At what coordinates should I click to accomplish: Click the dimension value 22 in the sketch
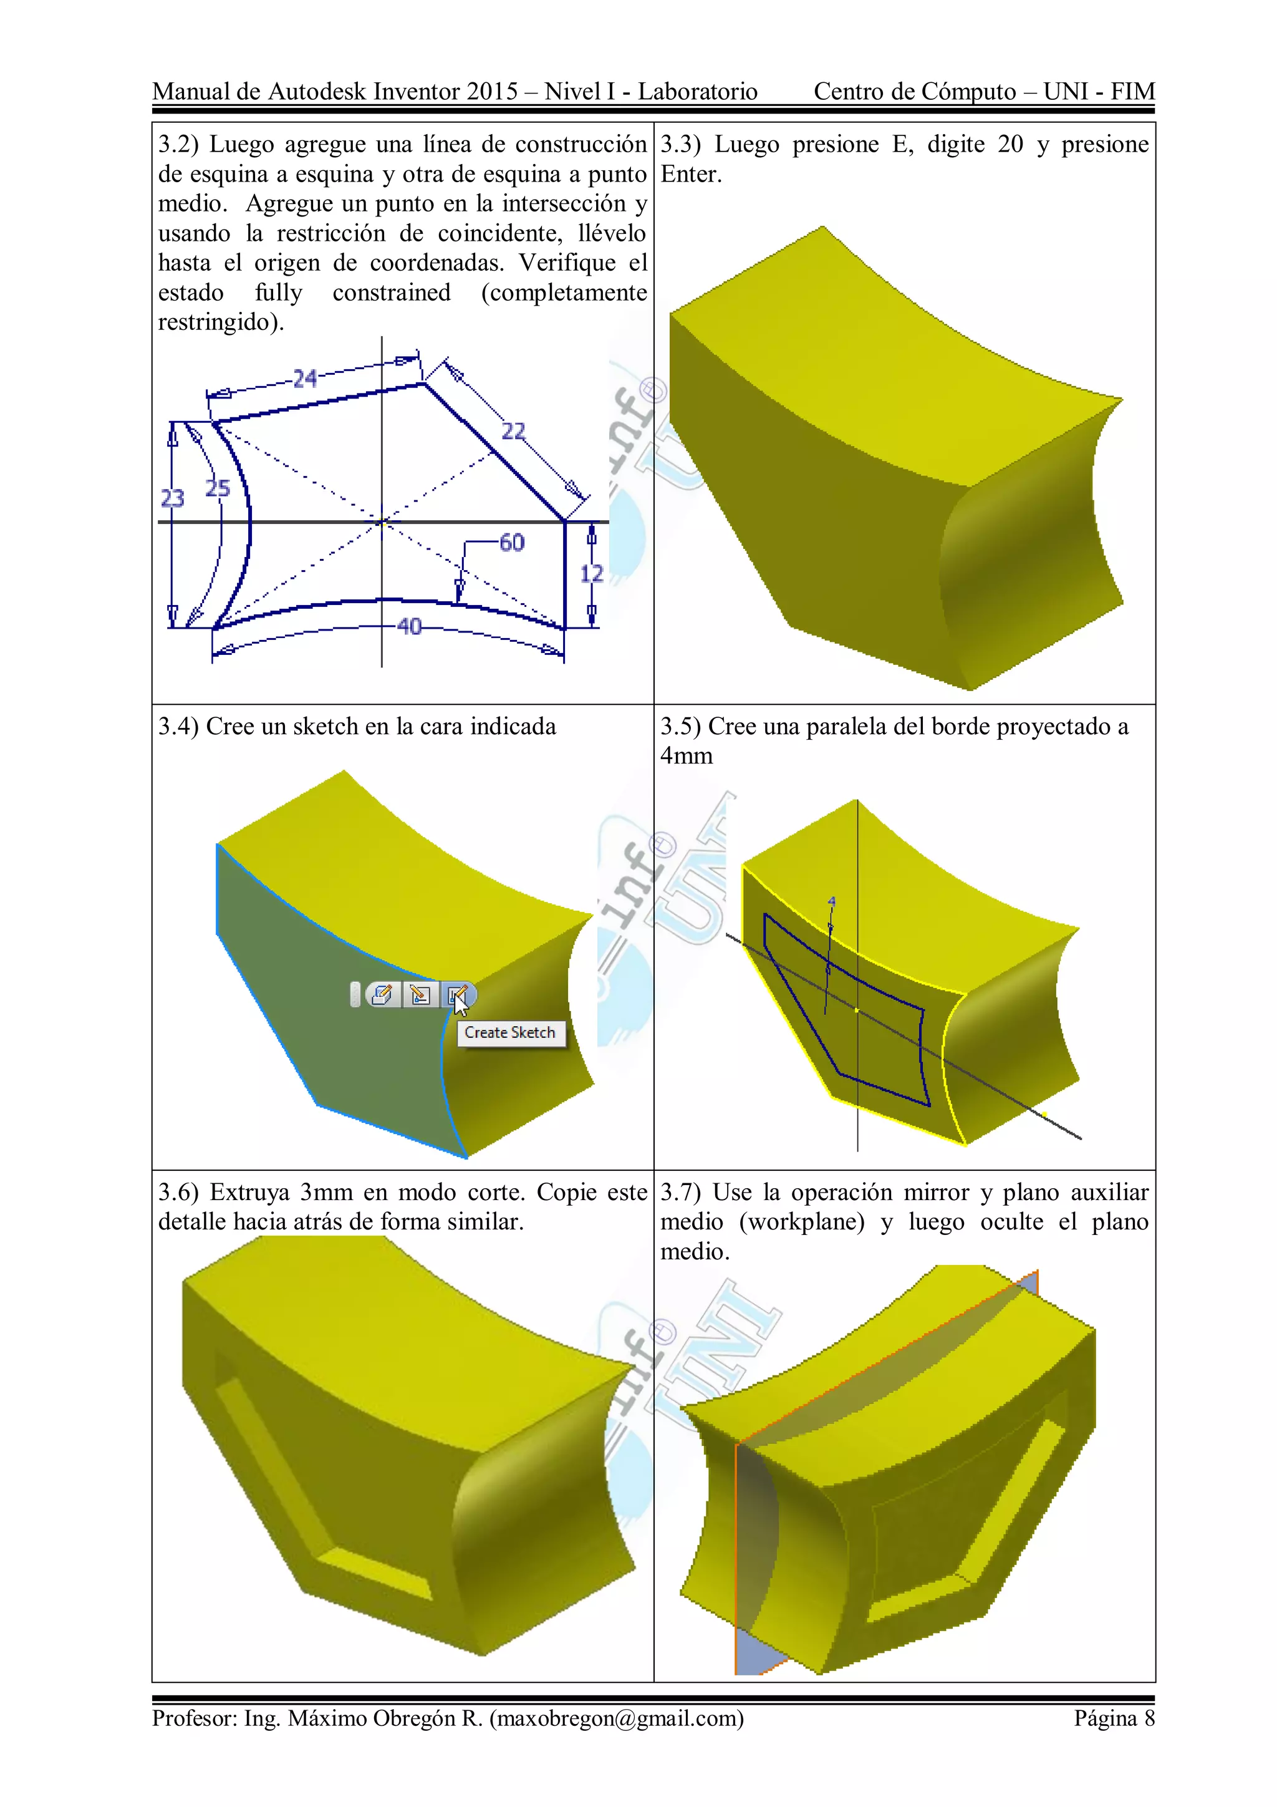coord(513,431)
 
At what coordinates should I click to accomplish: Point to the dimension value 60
coord(511,542)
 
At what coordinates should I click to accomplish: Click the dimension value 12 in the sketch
coord(592,574)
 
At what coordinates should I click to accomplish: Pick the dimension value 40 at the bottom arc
coord(409,626)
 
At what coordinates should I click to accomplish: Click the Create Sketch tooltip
coord(510,1032)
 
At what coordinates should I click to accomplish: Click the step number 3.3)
coord(680,145)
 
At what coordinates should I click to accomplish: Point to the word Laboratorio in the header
coord(697,91)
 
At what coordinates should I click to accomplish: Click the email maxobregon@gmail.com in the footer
coord(617,1718)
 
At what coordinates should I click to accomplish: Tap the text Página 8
coord(1114,1718)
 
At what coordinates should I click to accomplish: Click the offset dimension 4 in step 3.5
coord(832,902)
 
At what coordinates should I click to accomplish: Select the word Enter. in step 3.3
coord(691,174)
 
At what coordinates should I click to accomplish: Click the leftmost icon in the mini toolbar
coord(382,995)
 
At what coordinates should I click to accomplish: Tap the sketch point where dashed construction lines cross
coord(382,521)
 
